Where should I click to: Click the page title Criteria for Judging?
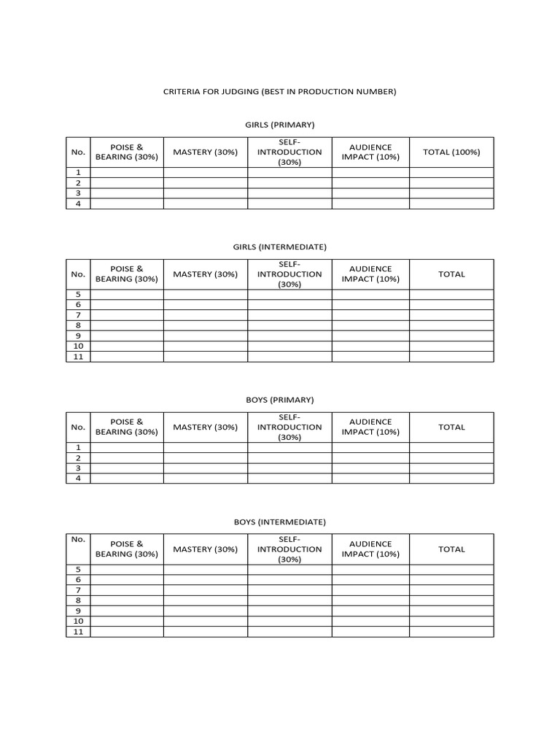(279, 92)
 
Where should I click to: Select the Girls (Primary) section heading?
(279, 125)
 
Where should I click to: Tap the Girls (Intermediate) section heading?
(279, 247)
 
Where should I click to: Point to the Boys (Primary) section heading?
(279, 400)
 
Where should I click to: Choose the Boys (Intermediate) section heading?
(279, 522)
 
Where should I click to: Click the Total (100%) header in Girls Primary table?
(451, 152)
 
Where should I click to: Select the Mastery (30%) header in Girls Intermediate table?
(205, 274)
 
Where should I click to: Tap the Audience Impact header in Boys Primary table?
(370, 427)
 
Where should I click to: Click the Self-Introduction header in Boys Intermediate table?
(289, 549)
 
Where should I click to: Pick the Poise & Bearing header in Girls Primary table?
(127, 152)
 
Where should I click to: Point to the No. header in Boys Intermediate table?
(78, 539)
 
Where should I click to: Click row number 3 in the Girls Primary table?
(78, 193)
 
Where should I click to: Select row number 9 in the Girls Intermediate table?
(78, 336)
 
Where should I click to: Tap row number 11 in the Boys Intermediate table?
(78, 631)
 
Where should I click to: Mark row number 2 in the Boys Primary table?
(78, 458)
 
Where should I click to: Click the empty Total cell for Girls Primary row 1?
(451, 173)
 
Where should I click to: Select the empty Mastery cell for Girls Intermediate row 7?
(205, 315)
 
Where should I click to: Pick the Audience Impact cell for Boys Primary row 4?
(370, 479)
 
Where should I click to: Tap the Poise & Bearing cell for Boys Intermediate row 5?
(127, 570)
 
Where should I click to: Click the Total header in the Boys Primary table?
(451, 427)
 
